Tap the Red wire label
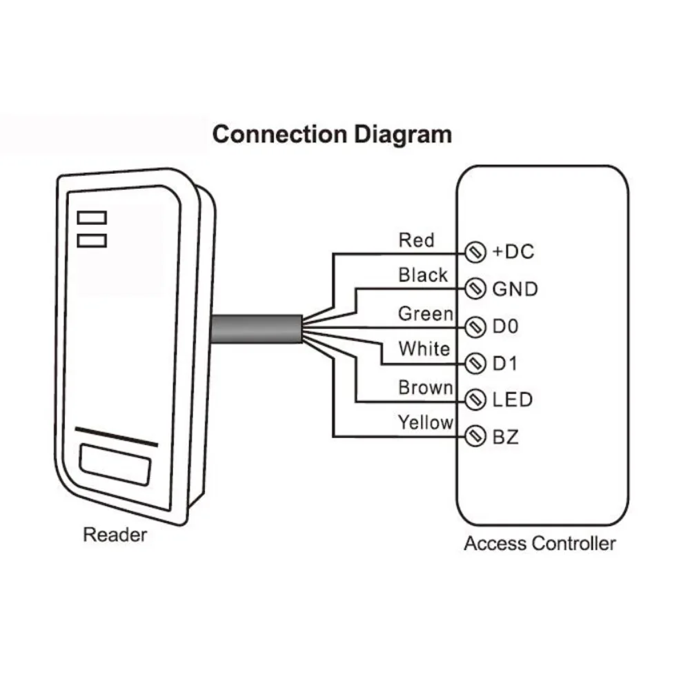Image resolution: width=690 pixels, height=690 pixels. pyautogui.click(x=417, y=240)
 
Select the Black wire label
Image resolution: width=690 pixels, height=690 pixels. pyautogui.click(x=423, y=275)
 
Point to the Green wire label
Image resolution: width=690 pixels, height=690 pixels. pyautogui.click(x=426, y=314)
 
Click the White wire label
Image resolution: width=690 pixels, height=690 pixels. pyautogui.click(x=424, y=349)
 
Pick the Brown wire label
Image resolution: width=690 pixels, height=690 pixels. pyautogui.click(x=426, y=388)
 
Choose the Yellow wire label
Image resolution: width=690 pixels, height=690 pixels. pyautogui.click(x=425, y=422)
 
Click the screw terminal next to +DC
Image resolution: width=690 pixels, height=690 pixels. pyautogui.click(x=474, y=252)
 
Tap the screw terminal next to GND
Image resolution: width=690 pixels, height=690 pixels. pyautogui.click(x=474, y=288)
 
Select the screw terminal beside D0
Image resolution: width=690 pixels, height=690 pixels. pyautogui.click(x=474, y=326)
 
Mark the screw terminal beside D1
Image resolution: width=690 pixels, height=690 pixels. pyautogui.click(x=474, y=362)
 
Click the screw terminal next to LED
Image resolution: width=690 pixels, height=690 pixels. pyautogui.click(x=474, y=400)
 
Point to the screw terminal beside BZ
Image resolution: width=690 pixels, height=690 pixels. pyautogui.click(x=474, y=436)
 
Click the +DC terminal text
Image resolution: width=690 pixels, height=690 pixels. pyautogui.click(x=513, y=252)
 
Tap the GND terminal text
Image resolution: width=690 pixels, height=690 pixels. pyautogui.click(x=515, y=288)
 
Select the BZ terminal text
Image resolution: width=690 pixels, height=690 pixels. pyautogui.click(x=505, y=436)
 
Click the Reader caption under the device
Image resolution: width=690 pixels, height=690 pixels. pyautogui.click(x=115, y=535)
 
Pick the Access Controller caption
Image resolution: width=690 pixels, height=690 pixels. pyautogui.click(x=540, y=544)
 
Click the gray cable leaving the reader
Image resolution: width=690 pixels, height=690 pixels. pyautogui.click(x=255, y=328)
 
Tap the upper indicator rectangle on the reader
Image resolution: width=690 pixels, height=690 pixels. pyautogui.click(x=92, y=218)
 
